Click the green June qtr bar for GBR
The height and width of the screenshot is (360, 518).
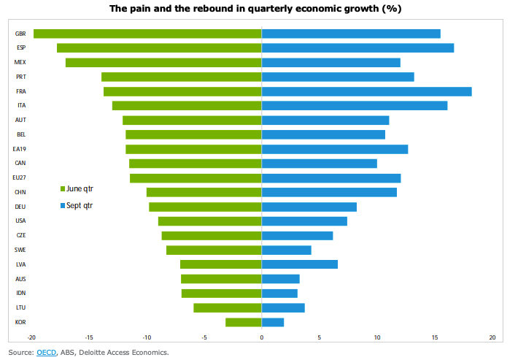pyautogui.click(x=147, y=34)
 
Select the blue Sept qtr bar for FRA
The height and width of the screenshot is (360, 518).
pyautogui.click(x=366, y=91)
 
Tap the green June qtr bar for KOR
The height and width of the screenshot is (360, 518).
pyautogui.click(x=243, y=322)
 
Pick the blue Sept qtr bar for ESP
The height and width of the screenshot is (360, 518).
pyautogui.click(x=357, y=48)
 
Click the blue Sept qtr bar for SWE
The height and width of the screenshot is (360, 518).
pyautogui.click(x=286, y=250)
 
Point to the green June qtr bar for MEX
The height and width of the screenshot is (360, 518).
pyautogui.click(x=163, y=62)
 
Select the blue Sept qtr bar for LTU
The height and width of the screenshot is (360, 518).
pyautogui.click(x=283, y=307)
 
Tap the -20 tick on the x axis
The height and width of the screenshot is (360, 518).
pyautogui.click(x=31, y=337)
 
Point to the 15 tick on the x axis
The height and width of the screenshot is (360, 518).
pyautogui.click(x=435, y=337)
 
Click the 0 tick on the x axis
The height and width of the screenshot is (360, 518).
pyautogui.click(x=262, y=337)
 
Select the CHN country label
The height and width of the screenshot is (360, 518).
pyautogui.click(x=21, y=192)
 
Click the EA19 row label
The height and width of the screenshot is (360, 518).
pyautogui.click(x=20, y=149)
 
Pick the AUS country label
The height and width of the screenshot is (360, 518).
pyautogui.click(x=21, y=279)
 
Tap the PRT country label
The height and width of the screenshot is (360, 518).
pyautogui.click(x=21, y=77)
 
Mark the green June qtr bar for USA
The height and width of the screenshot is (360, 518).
pyautogui.click(x=210, y=221)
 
